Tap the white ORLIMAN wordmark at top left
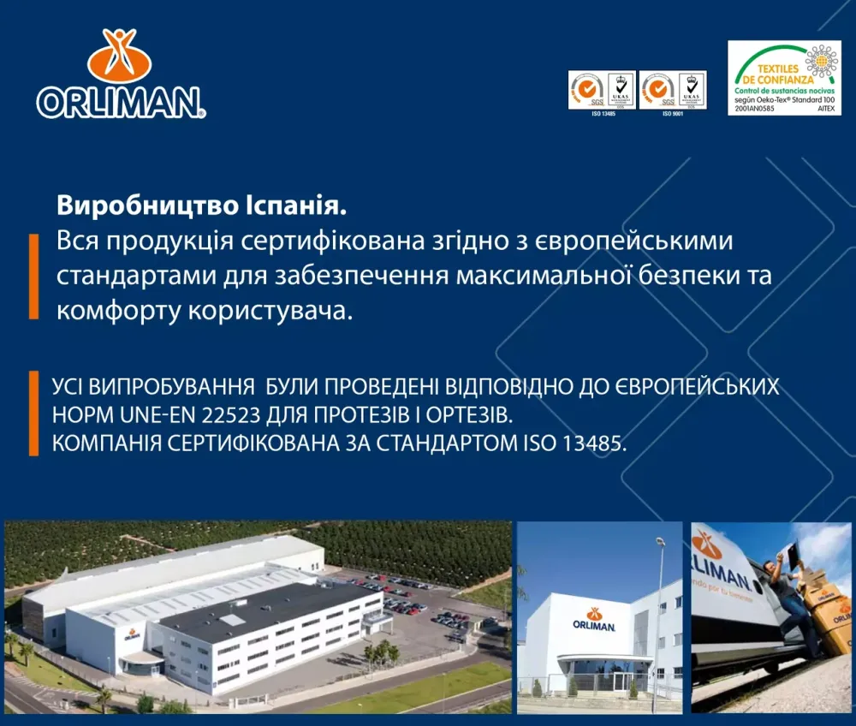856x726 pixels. point(121,102)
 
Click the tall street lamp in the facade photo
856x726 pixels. point(658,616)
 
